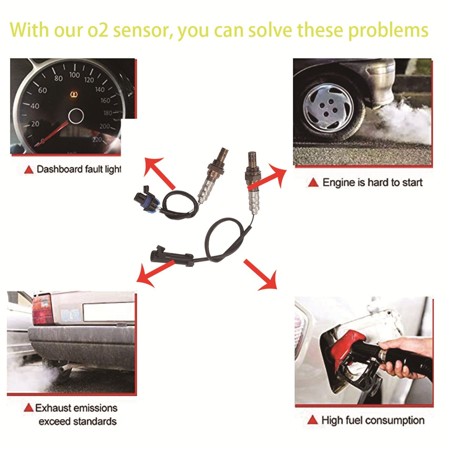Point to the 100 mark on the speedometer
click(x=74, y=75)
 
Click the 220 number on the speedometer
click(x=97, y=139)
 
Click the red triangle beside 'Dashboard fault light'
click(x=29, y=170)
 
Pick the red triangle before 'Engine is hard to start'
click(x=313, y=183)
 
